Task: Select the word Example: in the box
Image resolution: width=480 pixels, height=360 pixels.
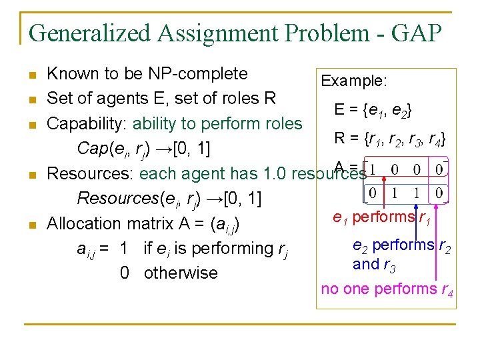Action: click(x=354, y=81)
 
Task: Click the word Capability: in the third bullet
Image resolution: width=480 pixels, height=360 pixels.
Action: click(x=87, y=123)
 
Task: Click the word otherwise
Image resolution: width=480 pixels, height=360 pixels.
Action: click(x=181, y=273)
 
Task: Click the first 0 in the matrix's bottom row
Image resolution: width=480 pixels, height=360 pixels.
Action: click(x=373, y=193)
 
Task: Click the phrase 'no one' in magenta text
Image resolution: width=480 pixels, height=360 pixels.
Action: click(x=345, y=289)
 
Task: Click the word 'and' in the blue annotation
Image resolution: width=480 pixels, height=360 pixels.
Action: click(x=365, y=264)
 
